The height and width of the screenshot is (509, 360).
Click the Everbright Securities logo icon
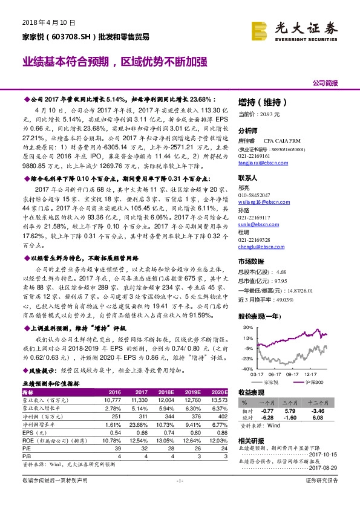260,27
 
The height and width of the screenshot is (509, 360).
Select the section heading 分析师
248,130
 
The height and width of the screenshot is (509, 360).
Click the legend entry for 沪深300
315,381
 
